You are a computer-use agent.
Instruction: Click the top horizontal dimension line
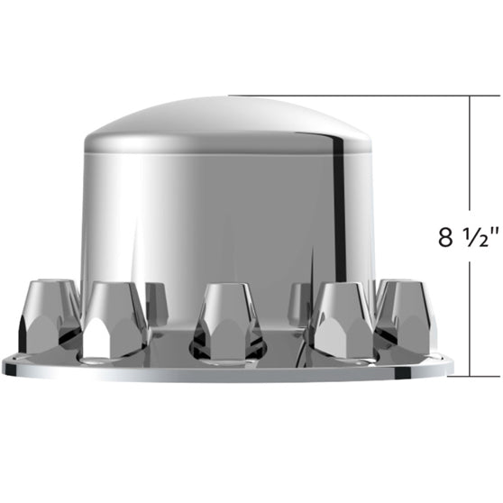[x=352, y=96]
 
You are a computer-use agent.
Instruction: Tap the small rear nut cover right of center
[x=299, y=301]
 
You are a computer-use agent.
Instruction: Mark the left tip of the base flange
[x=5, y=365]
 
